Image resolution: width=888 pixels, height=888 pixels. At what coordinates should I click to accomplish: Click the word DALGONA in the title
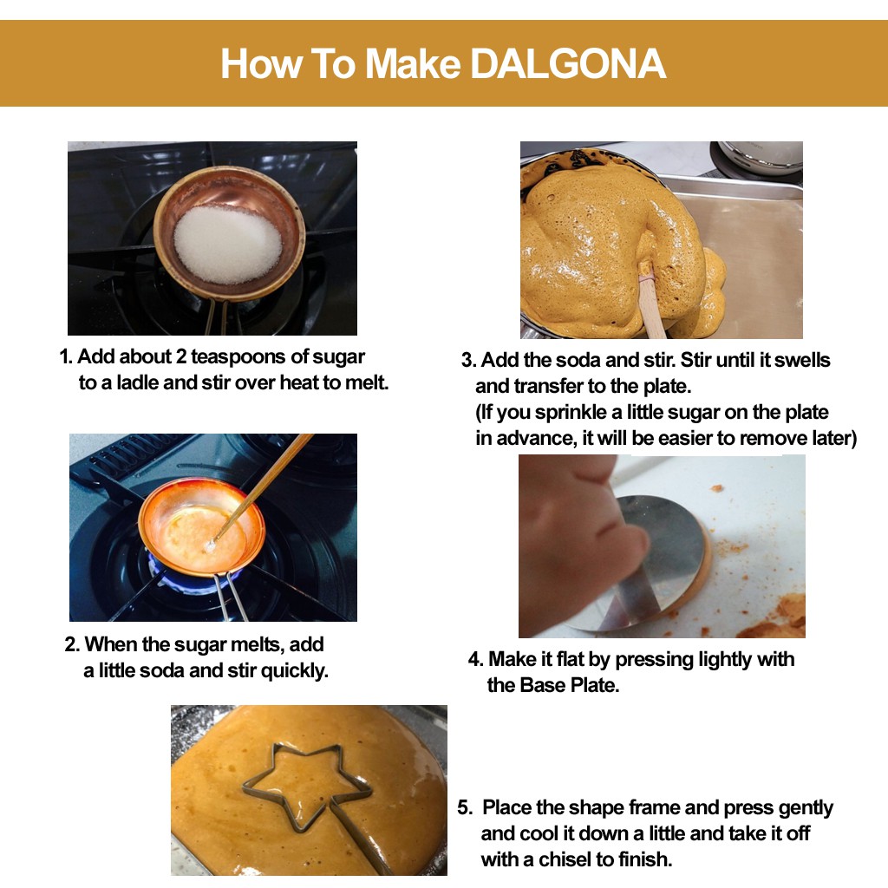point(568,63)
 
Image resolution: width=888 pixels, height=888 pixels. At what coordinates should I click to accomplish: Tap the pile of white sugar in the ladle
point(228,245)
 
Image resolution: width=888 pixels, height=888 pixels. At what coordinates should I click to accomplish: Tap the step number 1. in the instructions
point(66,356)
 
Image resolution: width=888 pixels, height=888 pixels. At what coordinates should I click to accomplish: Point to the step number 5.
point(465,807)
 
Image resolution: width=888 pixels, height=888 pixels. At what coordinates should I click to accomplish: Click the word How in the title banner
point(261,63)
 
